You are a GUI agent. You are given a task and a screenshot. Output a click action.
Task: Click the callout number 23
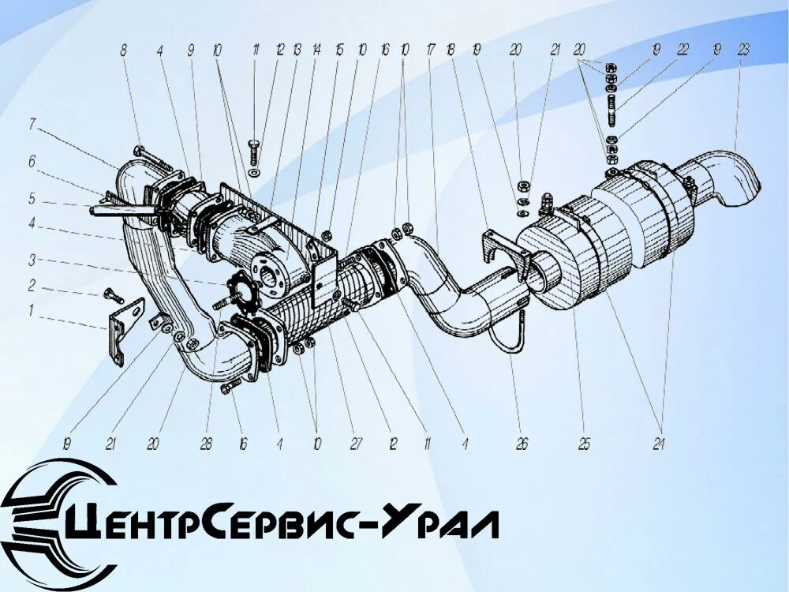coord(743,49)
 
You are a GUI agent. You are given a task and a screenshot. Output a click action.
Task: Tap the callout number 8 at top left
coord(123,50)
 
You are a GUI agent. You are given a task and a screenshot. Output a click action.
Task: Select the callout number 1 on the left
coord(31,311)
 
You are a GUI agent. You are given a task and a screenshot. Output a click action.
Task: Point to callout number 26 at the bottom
coord(522,445)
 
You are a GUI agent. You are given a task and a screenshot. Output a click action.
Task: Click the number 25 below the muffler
coord(584,445)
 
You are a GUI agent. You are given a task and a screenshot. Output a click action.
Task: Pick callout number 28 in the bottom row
coord(207,445)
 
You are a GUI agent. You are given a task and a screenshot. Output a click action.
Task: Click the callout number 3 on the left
coord(32,259)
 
